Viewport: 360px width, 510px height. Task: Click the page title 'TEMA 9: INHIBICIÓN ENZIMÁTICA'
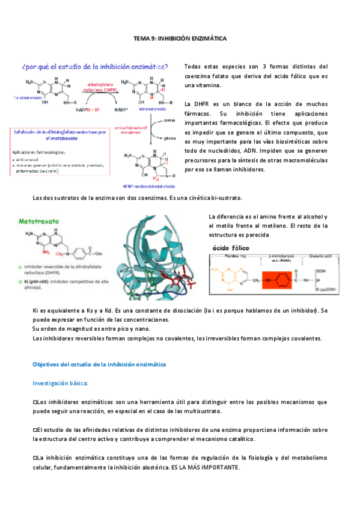[180, 38]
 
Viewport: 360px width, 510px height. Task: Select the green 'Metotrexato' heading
[40, 222]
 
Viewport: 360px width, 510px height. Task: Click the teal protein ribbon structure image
[160, 259]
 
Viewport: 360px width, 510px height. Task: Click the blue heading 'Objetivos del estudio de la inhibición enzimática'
[99, 364]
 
